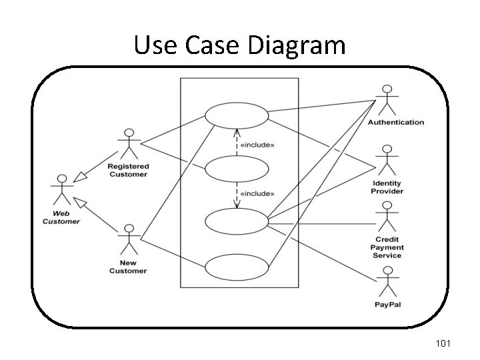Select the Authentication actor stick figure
click(x=387, y=101)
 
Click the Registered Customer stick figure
click(x=129, y=145)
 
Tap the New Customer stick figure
click(x=128, y=242)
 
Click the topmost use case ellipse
click(x=237, y=115)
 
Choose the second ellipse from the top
click(x=237, y=169)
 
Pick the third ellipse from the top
click(x=237, y=221)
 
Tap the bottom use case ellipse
click(x=237, y=268)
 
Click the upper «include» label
click(x=257, y=143)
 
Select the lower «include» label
click(x=257, y=193)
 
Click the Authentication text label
click(x=395, y=123)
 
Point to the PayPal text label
click(x=387, y=305)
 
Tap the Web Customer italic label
click(x=61, y=217)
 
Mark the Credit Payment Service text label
click(x=387, y=247)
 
